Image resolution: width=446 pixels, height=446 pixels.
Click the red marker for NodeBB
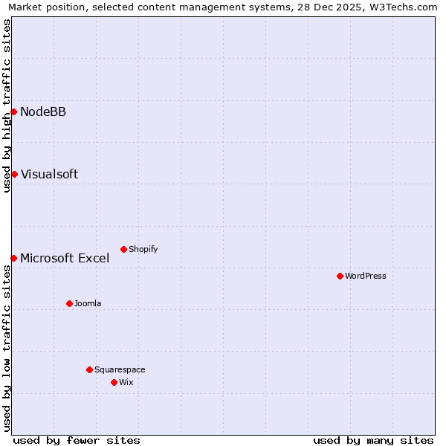[13, 111]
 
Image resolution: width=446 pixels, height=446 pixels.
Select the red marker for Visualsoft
[13, 174]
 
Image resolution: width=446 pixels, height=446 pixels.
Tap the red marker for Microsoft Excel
[13, 258]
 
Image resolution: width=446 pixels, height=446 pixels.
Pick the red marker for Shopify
[123, 249]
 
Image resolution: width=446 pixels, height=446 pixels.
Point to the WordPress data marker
[340, 276]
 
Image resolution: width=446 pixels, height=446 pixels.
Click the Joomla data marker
[69, 303]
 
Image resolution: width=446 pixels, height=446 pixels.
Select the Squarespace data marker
[89, 369]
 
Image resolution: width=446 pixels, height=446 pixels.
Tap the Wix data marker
[114, 382]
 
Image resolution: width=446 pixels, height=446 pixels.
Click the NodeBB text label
[43, 111]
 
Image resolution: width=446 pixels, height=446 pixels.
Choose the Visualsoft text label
[49, 174]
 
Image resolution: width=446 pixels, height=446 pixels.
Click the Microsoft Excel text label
[65, 258]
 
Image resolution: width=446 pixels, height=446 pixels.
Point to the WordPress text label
[366, 276]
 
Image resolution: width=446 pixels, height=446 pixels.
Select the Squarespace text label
[120, 369]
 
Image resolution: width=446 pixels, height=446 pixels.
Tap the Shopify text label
[143, 249]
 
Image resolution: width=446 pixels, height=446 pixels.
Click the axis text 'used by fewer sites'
[77, 440]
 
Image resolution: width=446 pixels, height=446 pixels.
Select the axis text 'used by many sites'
[373, 440]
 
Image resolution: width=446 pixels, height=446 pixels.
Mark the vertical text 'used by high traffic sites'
[7, 106]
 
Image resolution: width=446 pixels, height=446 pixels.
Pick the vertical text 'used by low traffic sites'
[7, 348]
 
